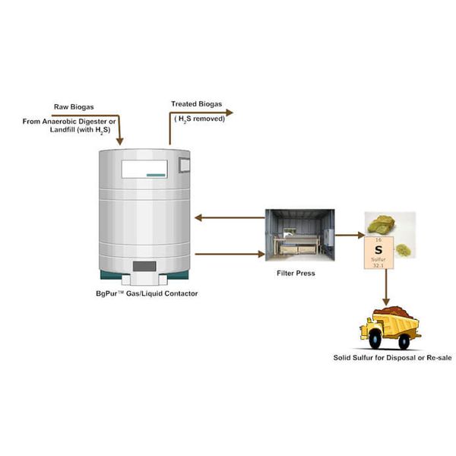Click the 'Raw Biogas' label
[74, 107]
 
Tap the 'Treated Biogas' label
[197, 104]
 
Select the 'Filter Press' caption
[296, 274]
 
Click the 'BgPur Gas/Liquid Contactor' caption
[147, 293]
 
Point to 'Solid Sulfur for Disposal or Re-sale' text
[393, 358]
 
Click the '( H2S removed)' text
[199, 119]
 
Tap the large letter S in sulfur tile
[378, 250]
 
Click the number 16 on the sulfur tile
[378, 240]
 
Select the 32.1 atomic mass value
[378, 265]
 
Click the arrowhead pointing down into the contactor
[120, 141]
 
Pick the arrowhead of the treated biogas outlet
[230, 112]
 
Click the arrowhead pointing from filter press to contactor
[198, 217]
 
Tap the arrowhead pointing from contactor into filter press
[261, 254]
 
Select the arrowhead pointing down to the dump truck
[386, 302]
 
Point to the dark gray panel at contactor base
[144, 266]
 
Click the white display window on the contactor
[144, 169]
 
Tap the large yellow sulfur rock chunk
[381, 224]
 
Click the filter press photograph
[300, 235]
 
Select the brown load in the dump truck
[394, 312]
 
